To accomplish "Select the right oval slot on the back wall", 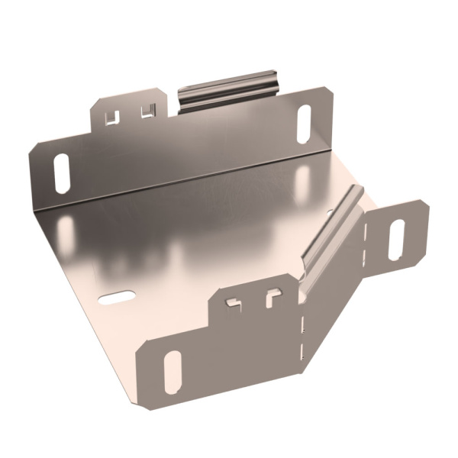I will pyautogui.click(x=303, y=122).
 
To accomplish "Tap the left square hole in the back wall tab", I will pyautogui.click(x=112, y=116).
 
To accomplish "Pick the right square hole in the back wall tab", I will pyautogui.click(x=147, y=111).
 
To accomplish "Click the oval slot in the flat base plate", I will pyautogui.click(x=117, y=296).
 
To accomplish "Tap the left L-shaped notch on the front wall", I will pyautogui.click(x=234, y=303).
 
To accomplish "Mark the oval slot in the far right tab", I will pyautogui.click(x=397, y=239).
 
